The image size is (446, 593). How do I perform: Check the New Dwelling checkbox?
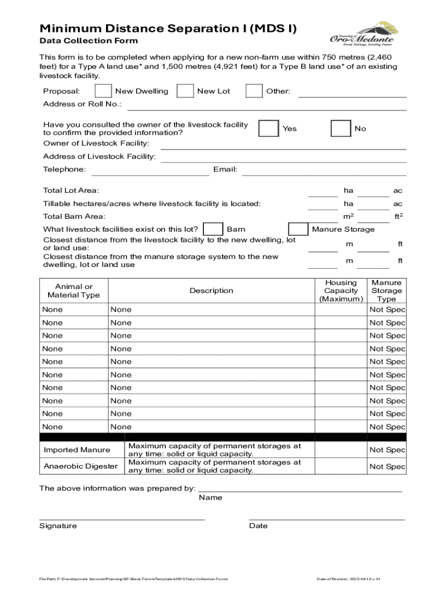[104, 91]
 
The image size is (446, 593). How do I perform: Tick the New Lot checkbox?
[185, 91]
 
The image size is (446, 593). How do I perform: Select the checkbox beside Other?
[254, 91]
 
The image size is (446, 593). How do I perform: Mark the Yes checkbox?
[268, 129]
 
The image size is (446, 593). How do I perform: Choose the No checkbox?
[341, 129]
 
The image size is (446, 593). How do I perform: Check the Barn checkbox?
[214, 229]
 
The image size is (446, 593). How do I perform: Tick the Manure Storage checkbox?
[298, 229]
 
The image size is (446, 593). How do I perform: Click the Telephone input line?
[150, 170]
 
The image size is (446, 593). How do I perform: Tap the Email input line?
[324, 170]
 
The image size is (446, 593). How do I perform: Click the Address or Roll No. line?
[266, 105]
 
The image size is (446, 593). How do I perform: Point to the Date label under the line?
[258, 526]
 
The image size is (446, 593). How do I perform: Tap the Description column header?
[211, 291]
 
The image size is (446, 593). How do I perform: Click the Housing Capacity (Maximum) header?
[341, 291]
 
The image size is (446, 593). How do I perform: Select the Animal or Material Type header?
[74, 291]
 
